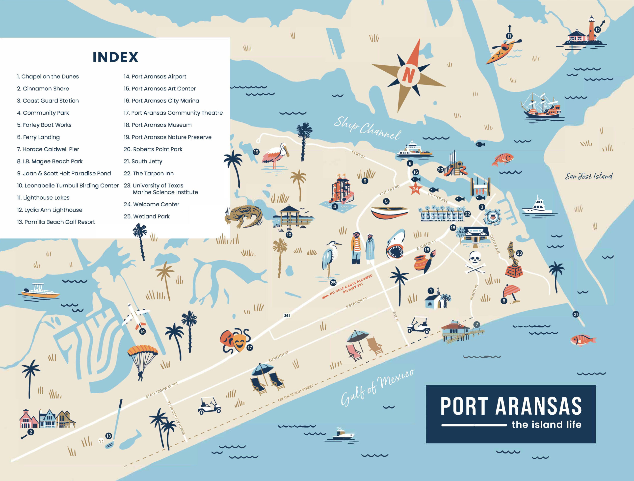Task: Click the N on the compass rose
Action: [x=408, y=74]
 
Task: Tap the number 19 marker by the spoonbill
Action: [x=256, y=152]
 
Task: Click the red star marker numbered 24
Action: [x=415, y=189]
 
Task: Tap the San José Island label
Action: [x=589, y=176]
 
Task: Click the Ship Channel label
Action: [x=367, y=128]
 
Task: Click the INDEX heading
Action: [x=115, y=57]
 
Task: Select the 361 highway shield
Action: [x=287, y=316]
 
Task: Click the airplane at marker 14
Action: [x=135, y=317]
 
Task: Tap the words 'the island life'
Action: [x=546, y=425]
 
